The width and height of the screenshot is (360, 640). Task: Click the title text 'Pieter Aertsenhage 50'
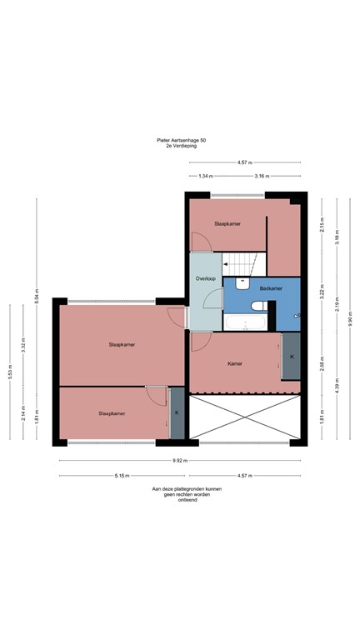pyautogui.click(x=181, y=141)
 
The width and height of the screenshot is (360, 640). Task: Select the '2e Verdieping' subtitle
pyautogui.click(x=181, y=147)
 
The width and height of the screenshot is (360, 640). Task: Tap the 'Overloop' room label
pyautogui.click(x=206, y=277)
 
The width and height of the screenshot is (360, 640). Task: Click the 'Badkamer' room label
pyautogui.click(x=271, y=288)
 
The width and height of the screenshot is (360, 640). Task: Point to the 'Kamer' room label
pyautogui.click(x=235, y=364)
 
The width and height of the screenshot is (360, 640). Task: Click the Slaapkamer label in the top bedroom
pyautogui.click(x=227, y=224)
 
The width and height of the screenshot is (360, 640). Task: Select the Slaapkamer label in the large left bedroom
pyautogui.click(x=122, y=344)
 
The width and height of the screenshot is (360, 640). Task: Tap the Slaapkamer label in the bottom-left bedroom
pyautogui.click(x=112, y=413)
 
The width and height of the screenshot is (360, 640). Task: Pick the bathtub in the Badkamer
pyautogui.click(x=245, y=322)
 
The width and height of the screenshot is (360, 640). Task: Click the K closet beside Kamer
pyautogui.click(x=291, y=357)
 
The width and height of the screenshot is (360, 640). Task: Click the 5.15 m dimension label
pyautogui.click(x=122, y=476)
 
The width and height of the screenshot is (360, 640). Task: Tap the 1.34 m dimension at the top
pyautogui.click(x=206, y=177)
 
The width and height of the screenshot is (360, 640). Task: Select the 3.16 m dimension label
pyautogui.click(x=260, y=177)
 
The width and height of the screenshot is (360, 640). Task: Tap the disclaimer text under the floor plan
pyautogui.click(x=181, y=495)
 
